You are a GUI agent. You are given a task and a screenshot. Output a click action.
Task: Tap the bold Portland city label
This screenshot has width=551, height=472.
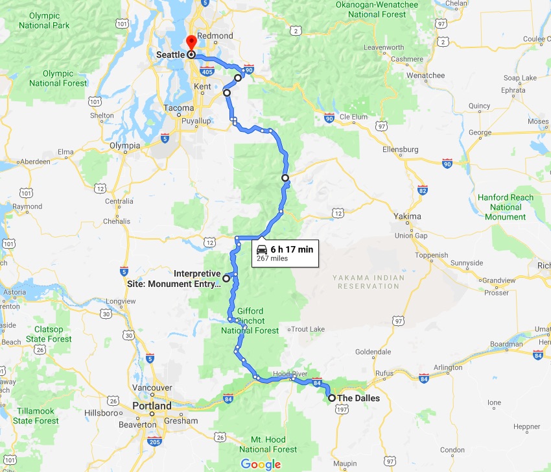[x=152, y=406]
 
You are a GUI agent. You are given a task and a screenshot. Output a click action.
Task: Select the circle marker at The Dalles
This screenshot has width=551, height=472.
[x=332, y=398]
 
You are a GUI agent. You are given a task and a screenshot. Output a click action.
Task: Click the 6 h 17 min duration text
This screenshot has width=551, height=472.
[x=292, y=249]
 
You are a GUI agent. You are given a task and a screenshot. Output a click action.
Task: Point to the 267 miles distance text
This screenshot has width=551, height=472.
[x=272, y=258]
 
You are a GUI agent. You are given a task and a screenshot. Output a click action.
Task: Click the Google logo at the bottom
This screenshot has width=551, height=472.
[x=261, y=464]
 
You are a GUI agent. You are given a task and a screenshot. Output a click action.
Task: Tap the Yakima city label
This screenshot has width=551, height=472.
[x=407, y=216]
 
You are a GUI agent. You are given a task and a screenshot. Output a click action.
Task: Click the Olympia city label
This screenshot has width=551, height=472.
[x=125, y=146]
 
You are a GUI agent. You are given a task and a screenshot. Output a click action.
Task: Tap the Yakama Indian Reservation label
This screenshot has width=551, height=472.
[x=368, y=282]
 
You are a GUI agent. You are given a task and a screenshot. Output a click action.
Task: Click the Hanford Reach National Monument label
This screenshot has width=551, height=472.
[x=506, y=207]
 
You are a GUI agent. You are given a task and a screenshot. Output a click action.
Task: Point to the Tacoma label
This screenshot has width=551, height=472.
[x=179, y=108]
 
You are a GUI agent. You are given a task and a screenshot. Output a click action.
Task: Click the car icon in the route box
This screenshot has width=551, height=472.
[x=261, y=249]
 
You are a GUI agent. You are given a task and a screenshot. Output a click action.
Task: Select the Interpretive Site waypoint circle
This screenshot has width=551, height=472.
[x=226, y=278]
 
